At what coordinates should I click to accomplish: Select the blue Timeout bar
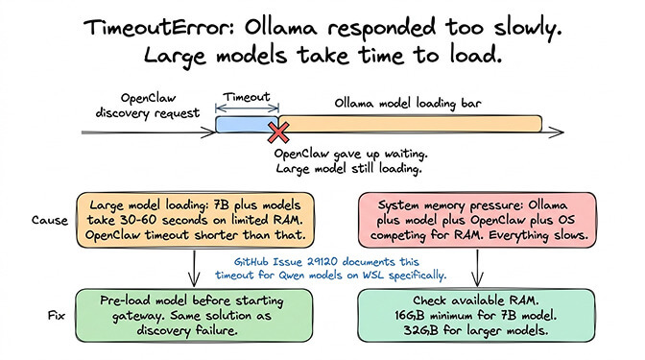click(x=246, y=125)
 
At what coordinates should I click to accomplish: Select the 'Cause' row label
click(x=57, y=220)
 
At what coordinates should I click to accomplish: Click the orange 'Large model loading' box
click(x=195, y=221)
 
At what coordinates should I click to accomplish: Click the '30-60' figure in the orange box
click(x=136, y=221)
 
